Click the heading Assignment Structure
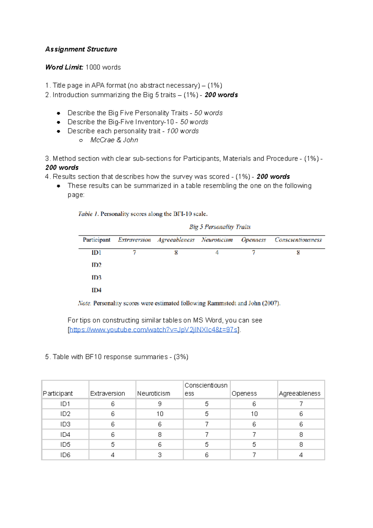pos(81,49)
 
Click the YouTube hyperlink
pos(153,330)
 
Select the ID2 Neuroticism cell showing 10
pos(160,414)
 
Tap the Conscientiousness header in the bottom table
pos(206,389)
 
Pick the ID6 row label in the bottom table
pos(65,455)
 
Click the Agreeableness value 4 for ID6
pos(301,455)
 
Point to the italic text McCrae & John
pos(114,140)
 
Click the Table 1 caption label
pos(88,214)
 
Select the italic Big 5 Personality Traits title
pos(220,227)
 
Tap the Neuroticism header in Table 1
pos(217,240)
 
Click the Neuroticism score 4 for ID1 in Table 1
pos(217,252)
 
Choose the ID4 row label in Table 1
pos(96,290)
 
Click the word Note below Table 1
pos(84,303)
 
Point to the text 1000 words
pos(103,67)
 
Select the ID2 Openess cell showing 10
pos(254,414)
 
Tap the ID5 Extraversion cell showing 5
pos(113,445)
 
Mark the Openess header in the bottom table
pos(244,394)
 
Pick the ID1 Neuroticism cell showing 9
pos(160,404)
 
